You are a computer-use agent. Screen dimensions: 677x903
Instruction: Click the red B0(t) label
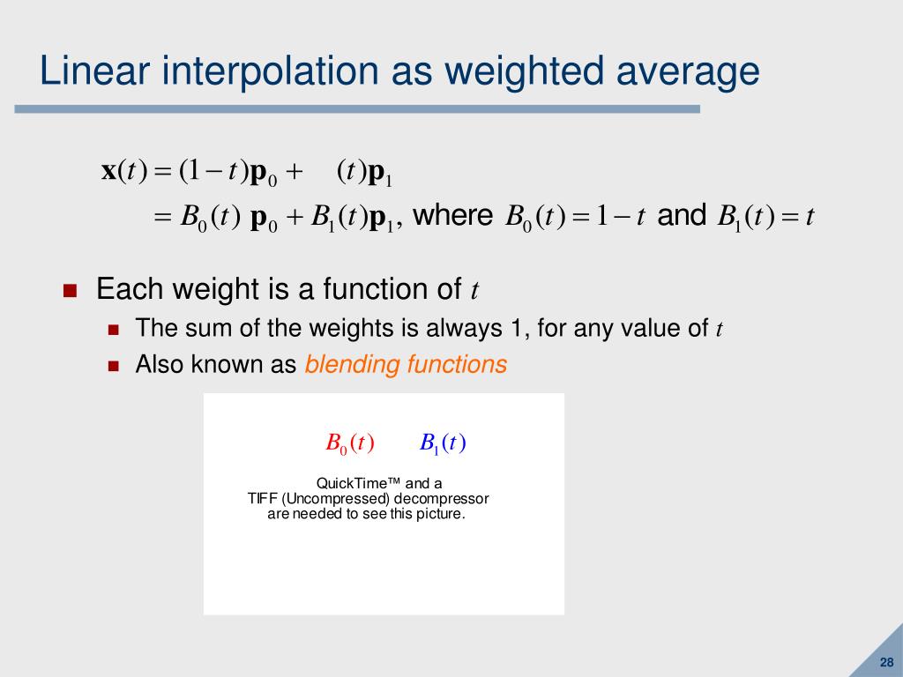point(350,443)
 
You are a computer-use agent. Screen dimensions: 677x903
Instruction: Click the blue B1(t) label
point(443,443)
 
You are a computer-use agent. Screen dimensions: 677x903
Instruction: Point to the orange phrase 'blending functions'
point(406,364)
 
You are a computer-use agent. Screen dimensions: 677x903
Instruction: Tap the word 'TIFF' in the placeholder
point(263,498)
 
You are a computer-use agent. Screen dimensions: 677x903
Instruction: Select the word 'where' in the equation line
point(452,216)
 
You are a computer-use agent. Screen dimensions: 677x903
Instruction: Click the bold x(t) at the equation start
point(123,170)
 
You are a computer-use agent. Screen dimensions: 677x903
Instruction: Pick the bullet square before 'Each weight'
point(71,291)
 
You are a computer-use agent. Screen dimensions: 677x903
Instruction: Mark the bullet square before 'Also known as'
point(113,366)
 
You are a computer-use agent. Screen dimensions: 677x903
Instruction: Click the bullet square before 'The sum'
point(113,331)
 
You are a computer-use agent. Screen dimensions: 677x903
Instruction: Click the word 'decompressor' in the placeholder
point(442,498)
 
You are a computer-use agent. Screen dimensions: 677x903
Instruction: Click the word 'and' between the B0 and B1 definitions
point(682,216)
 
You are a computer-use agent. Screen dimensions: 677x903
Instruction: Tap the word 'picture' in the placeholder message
point(437,513)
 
